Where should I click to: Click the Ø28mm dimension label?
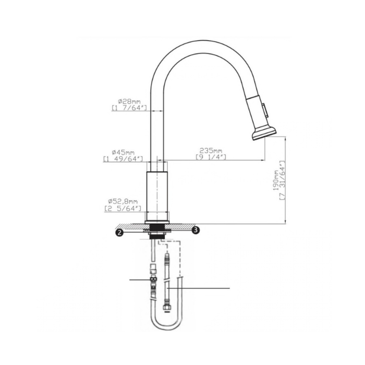(x=129, y=102)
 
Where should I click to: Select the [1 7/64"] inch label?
(x=129, y=108)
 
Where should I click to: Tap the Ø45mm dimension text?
(x=123, y=152)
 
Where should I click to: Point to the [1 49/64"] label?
(x=123, y=159)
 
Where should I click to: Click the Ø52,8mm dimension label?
(x=123, y=201)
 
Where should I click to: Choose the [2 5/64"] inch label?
(x=123, y=209)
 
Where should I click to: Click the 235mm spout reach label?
(x=211, y=151)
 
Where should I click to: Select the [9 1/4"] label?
(x=211, y=157)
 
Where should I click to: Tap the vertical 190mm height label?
(x=276, y=180)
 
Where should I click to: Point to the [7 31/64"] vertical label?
(x=282, y=180)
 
